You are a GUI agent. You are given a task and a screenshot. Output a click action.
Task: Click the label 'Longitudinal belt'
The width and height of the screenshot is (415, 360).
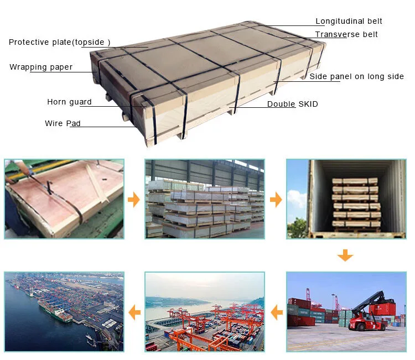pyautogui.click(x=349, y=22)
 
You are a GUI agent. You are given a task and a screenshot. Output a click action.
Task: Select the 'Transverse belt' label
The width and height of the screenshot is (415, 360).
pyautogui.click(x=346, y=35)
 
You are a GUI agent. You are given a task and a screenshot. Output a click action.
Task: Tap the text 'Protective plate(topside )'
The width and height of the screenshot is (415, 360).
pyautogui.click(x=60, y=42)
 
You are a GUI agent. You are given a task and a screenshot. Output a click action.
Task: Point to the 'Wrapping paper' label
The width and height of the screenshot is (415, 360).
pyautogui.click(x=41, y=67)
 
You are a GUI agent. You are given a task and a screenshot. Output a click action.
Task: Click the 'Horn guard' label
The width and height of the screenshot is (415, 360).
pyautogui.click(x=69, y=102)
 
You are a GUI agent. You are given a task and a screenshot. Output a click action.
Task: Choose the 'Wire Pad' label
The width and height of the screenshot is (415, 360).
pyautogui.click(x=63, y=123)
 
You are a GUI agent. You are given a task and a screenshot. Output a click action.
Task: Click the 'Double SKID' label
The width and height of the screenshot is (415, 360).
pyautogui.click(x=292, y=105)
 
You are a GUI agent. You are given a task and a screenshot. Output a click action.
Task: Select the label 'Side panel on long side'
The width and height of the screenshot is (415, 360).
pyautogui.click(x=356, y=77)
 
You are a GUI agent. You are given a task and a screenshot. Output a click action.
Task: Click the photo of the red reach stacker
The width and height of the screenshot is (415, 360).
pyautogui.click(x=346, y=312)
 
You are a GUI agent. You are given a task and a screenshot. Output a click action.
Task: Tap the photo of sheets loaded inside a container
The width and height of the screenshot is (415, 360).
pyautogui.click(x=346, y=199)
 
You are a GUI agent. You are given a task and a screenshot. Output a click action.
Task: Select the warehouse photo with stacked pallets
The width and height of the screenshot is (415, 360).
pyautogui.click(x=204, y=199)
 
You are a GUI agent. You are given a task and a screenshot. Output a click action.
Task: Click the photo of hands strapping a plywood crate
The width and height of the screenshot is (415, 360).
pyautogui.click(x=64, y=199)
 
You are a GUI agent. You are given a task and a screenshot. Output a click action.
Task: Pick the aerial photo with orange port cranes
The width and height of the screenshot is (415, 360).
pyautogui.click(x=204, y=312)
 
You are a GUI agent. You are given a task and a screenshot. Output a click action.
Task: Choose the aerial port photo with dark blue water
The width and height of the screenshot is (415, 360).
pyautogui.click(x=64, y=312)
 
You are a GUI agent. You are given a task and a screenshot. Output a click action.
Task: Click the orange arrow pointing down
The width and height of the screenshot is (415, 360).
pyautogui.click(x=345, y=255)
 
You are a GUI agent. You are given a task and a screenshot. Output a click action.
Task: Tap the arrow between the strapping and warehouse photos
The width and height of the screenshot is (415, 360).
pyautogui.click(x=134, y=200)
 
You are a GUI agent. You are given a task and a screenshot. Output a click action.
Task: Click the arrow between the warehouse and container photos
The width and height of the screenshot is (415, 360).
pyautogui.click(x=275, y=200)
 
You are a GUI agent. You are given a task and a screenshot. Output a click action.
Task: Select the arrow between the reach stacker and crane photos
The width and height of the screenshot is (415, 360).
pyautogui.click(x=275, y=314)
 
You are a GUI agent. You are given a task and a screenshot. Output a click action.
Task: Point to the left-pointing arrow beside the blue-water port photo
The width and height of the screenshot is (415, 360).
pyautogui.click(x=134, y=314)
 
